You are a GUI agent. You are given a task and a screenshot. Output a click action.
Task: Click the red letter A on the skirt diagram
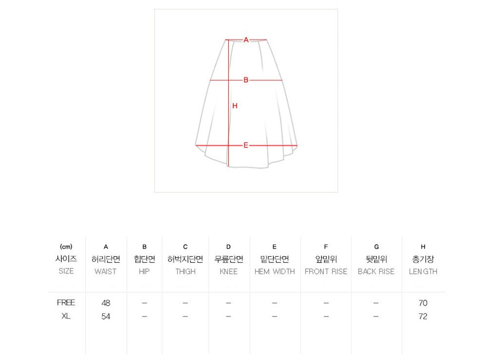click(246, 40)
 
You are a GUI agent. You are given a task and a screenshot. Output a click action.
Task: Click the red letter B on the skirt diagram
click(246, 80)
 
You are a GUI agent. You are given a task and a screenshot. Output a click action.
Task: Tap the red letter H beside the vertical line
click(235, 106)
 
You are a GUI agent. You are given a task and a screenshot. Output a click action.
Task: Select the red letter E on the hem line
click(245, 145)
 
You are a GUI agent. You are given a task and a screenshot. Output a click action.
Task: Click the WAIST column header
click(106, 271)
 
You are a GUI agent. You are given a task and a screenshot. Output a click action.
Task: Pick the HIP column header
click(144, 271)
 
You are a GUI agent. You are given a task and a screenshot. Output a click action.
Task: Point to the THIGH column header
click(186, 271)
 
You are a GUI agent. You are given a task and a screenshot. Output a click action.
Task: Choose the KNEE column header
click(228, 271)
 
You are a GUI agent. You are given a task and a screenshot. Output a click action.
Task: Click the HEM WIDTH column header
click(275, 271)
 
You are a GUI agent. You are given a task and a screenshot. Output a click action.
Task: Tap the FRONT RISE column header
click(326, 271)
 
